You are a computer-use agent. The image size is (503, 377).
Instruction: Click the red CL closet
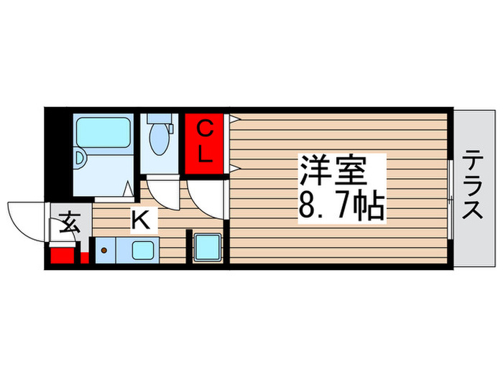click(205, 143)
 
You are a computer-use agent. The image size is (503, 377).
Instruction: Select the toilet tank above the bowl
click(159, 121)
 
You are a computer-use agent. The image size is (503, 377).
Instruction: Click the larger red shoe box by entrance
click(63, 256)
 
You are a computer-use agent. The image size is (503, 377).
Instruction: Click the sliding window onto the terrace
click(450, 190)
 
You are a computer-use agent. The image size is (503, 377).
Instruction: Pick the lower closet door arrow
click(234, 169)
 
